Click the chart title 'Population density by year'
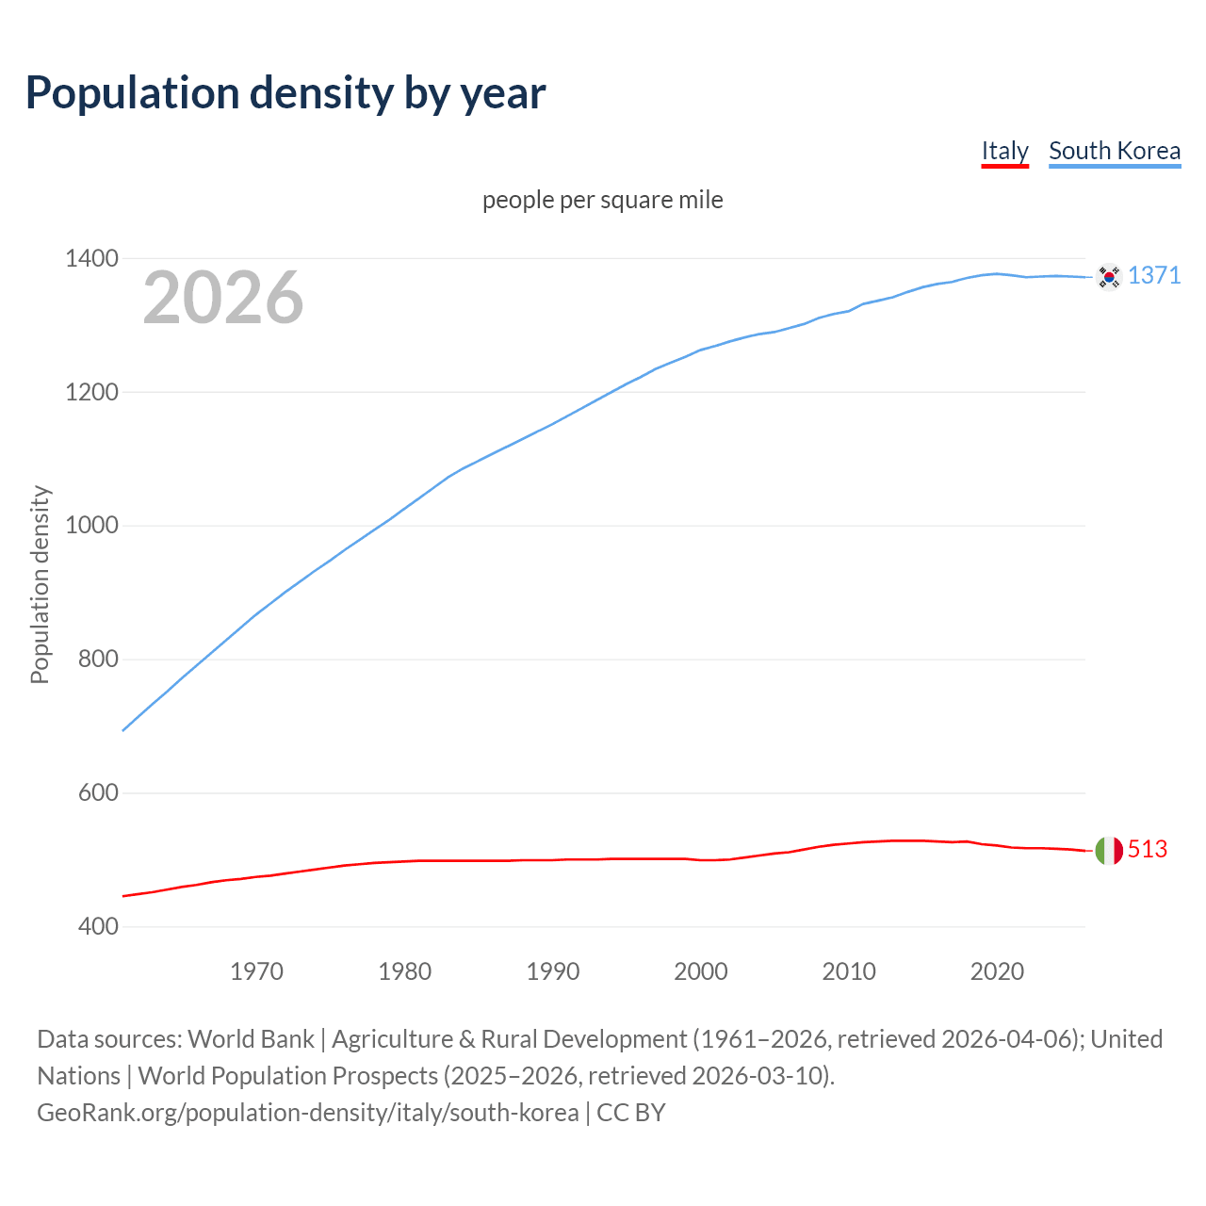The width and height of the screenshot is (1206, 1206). (x=285, y=92)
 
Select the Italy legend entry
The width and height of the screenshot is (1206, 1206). (x=1004, y=151)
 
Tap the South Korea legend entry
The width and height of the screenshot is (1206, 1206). (x=1114, y=151)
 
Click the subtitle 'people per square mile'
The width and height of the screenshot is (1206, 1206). (x=602, y=200)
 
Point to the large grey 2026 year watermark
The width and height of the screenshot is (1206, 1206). (x=223, y=298)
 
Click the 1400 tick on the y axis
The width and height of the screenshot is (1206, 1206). (x=91, y=258)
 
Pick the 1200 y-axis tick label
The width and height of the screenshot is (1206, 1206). (x=91, y=392)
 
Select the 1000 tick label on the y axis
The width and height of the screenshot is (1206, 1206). (x=91, y=526)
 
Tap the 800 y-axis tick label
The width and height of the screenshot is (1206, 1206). (x=98, y=660)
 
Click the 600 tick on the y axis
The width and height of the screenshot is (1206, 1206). (x=98, y=793)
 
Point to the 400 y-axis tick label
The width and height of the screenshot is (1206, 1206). (x=98, y=927)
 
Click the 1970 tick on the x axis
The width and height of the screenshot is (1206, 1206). (x=256, y=971)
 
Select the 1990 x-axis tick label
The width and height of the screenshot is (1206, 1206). (x=553, y=971)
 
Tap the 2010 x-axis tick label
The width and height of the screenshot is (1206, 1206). (x=849, y=971)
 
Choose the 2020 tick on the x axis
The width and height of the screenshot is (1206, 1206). (x=997, y=971)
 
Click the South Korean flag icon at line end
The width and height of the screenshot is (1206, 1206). (x=1108, y=277)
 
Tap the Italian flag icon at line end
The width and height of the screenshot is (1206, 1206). (x=1109, y=851)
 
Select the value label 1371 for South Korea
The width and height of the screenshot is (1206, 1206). (x=1154, y=275)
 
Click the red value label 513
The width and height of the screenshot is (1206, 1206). (x=1148, y=849)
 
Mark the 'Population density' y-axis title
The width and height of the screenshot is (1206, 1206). (x=40, y=584)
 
